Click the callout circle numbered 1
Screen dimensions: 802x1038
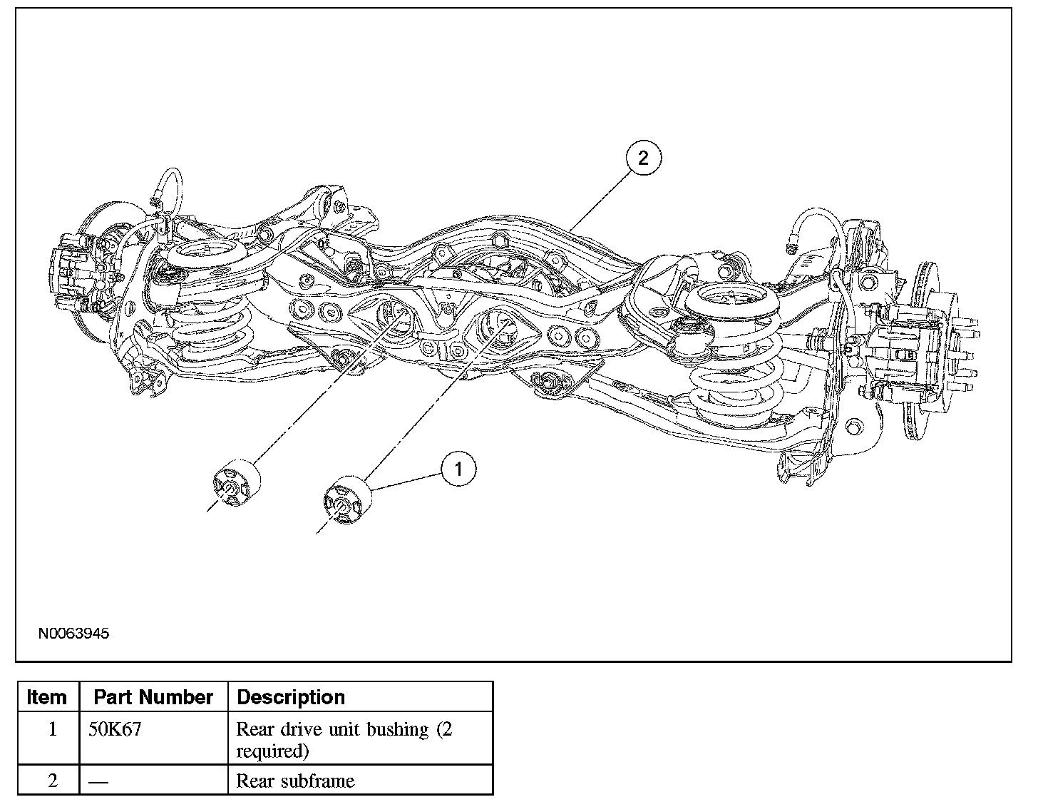[458, 469]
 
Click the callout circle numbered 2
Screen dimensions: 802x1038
[643, 158]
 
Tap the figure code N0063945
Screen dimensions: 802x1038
[74, 633]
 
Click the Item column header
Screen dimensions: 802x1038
[47, 697]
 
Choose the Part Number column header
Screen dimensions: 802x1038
[153, 697]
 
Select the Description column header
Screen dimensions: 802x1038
[291, 697]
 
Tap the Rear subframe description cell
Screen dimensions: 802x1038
[295, 781]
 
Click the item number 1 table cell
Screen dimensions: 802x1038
[52, 730]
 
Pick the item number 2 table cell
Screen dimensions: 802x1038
[52, 781]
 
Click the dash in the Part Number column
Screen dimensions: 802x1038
[98, 781]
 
